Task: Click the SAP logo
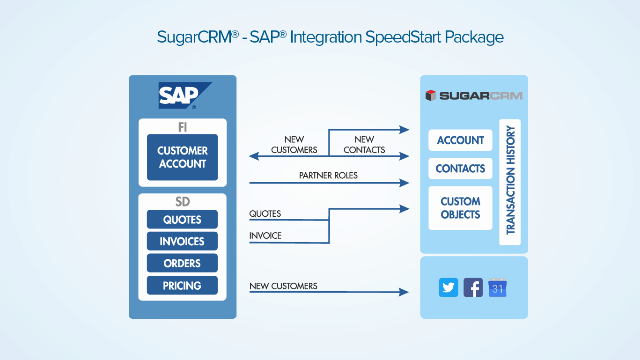click(183, 96)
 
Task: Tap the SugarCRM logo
click(474, 96)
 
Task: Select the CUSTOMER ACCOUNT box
click(182, 157)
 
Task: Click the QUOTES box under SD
click(182, 220)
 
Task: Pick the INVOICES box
click(182, 242)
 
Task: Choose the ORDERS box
click(182, 264)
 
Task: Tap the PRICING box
click(182, 286)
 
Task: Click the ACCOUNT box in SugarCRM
click(460, 140)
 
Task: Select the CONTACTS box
click(460, 169)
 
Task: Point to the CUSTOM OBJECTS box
click(460, 208)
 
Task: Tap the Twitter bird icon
click(449, 287)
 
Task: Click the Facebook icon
click(473, 287)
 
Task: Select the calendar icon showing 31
click(497, 287)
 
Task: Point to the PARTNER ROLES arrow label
click(328, 176)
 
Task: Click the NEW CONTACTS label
click(364, 145)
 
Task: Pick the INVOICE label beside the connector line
click(265, 235)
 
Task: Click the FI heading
click(182, 127)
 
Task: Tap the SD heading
click(182, 202)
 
